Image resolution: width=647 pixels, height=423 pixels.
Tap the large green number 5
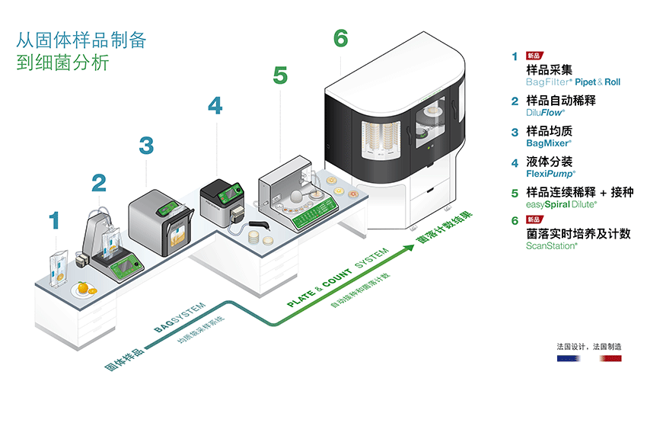point(280,75)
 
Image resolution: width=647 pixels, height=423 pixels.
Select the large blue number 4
point(215,105)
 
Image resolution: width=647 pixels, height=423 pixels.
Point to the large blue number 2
point(99,182)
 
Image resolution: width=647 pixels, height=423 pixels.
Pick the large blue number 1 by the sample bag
point(53,221)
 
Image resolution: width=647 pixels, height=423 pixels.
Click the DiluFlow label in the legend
point(546,112)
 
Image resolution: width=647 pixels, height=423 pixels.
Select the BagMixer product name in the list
point(548,143)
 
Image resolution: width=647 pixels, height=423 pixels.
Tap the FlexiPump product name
point(550,174)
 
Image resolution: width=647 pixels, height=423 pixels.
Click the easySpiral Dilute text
point(561,204)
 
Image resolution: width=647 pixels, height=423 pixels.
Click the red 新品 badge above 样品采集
point(534,56)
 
